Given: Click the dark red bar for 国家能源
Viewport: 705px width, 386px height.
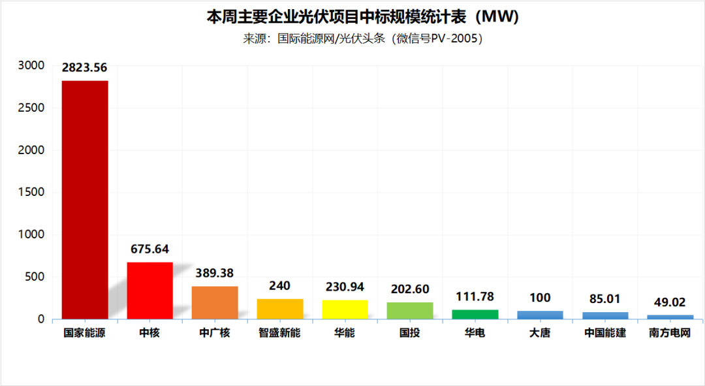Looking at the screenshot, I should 85,199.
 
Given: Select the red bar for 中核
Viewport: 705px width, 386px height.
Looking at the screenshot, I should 149,291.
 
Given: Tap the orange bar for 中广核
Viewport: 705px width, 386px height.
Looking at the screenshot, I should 215,302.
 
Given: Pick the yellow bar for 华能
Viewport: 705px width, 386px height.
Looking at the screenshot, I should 345,310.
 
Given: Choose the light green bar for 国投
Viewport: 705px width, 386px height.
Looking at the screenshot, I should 410,311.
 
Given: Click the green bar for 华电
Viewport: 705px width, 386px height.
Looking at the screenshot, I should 475,314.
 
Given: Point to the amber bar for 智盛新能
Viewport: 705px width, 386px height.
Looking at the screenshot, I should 280,309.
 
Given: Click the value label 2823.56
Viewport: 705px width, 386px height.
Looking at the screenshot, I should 85,67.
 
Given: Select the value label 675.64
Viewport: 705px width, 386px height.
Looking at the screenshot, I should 149,249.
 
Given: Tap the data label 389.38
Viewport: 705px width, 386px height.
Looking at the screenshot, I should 215,273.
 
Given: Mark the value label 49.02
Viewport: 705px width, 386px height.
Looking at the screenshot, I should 670,302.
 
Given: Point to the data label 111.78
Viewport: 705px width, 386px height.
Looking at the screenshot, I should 475,297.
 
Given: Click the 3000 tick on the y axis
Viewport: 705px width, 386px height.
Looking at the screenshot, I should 31,65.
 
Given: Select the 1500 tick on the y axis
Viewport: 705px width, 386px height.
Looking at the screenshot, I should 31,192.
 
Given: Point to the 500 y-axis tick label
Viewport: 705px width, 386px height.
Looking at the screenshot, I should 35,277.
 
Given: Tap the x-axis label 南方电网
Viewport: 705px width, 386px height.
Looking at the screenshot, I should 670,333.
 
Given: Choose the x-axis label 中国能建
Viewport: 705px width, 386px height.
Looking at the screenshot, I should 605,333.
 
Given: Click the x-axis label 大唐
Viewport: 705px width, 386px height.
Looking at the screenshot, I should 540,333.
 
